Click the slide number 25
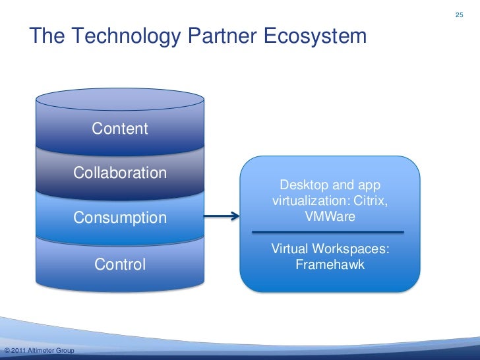pos(460,14)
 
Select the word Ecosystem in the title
pos(315,36)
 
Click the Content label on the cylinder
pos(120,129)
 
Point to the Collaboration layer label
pos(120,173)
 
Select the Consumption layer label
pos(120,218)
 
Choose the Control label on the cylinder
pos(120,264)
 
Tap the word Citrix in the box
pos(371,200)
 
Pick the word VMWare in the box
pos(330,215)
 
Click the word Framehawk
pos(330,265)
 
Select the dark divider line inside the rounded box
pos(328,232)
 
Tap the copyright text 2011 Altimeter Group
pos(40,349)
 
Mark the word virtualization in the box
pos(304,200)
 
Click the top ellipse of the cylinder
pos(120,99)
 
